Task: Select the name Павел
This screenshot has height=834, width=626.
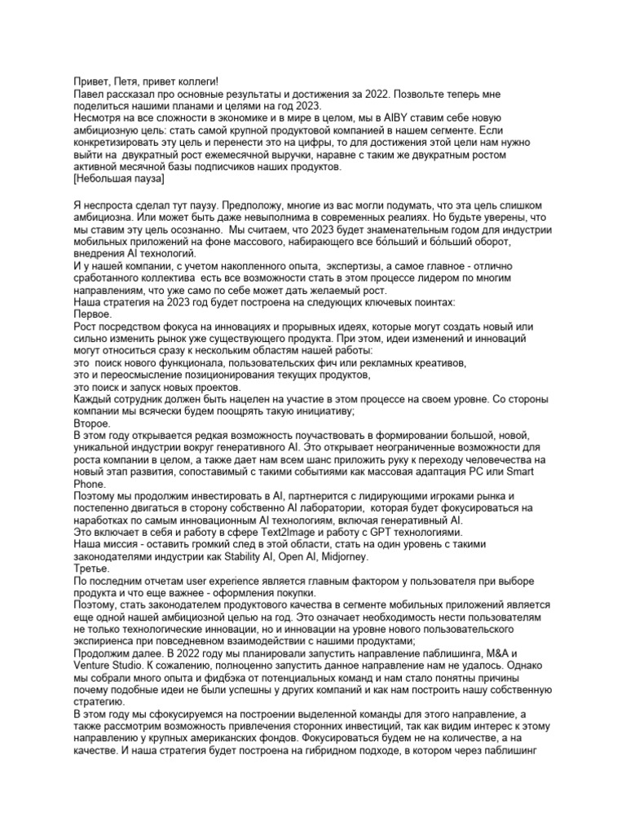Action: pyautogui.click(x=90, y=95)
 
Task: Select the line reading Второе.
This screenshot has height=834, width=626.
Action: pyautogui.click(x=92, y=424)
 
